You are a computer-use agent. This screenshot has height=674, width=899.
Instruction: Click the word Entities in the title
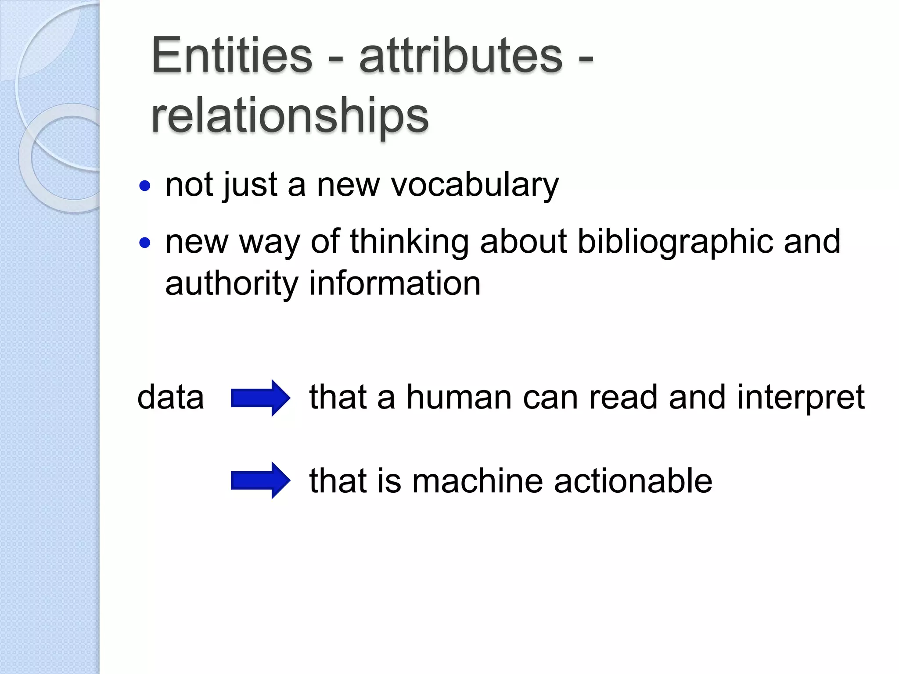231,56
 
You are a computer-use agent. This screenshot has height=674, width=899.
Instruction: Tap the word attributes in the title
460,56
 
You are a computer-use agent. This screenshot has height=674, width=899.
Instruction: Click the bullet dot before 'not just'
145,186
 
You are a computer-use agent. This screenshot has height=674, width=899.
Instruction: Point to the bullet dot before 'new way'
145,243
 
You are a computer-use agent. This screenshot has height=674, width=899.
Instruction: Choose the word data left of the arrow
171,397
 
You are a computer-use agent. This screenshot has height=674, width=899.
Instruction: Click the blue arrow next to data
260,398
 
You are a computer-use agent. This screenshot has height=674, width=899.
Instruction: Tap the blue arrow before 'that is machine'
260,480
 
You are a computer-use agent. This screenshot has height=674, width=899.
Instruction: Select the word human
459,397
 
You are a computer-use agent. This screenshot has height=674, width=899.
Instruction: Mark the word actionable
633,480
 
